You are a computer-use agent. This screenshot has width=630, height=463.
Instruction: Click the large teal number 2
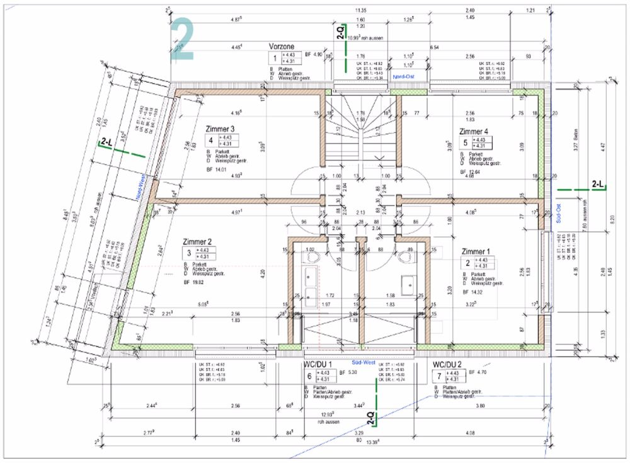click(182, 39)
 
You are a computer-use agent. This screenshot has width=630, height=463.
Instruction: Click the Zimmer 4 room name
click(472, 131)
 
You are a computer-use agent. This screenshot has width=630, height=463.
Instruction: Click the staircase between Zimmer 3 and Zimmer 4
click(361, 129)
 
